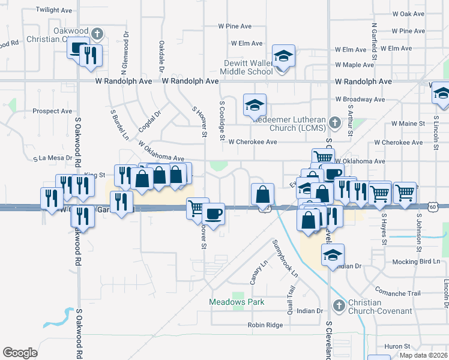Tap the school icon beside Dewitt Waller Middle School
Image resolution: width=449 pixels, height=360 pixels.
(283, 56)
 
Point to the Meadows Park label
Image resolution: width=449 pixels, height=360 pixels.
(237, 302)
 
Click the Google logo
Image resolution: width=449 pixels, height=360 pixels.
(20, 353)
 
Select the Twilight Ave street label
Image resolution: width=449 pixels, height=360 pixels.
(53, 11)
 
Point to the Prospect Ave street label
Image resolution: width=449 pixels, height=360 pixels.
(52, 111)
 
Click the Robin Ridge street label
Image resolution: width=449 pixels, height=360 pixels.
(265, 325)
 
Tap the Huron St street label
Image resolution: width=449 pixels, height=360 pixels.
(397, 347)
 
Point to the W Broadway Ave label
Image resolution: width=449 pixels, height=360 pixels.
(360, 99)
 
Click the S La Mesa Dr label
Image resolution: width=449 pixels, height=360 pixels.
(53, 158)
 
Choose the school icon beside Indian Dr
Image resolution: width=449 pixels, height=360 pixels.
(333, 254)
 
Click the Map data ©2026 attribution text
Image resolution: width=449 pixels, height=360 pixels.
(423, 355)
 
